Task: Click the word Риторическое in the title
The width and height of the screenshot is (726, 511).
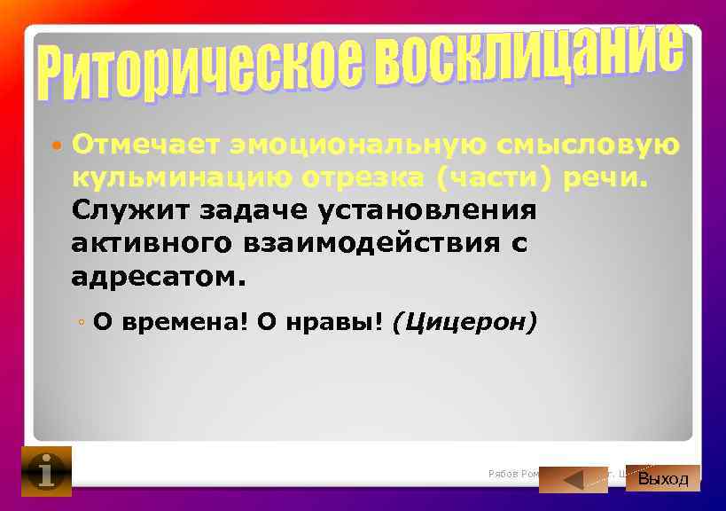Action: pyautogui.click(x=200, y=76)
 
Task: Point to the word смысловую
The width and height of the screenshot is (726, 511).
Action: pyautogui.click(x=589, y=144)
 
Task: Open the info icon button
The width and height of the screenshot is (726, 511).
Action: pyautogui.click(x=46, y=471)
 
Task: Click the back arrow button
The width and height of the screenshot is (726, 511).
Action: pyautogui.click(x=573, y=480)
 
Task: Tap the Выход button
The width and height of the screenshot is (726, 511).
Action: pyautogui.click(x=663, y=478)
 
